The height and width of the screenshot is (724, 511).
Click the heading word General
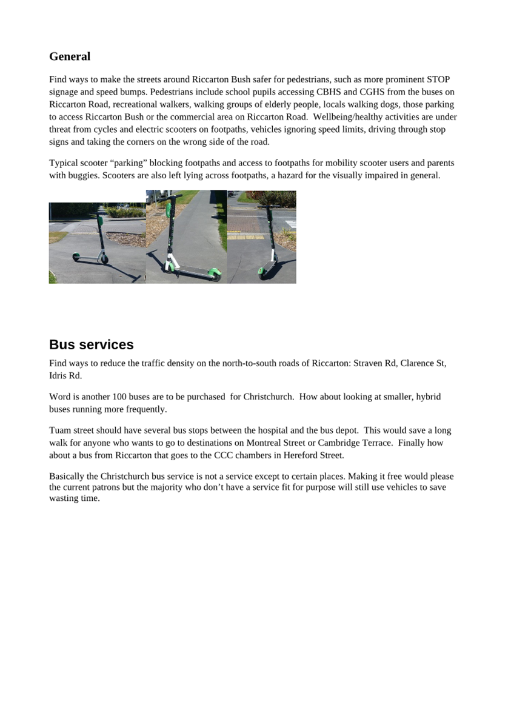pyautogui.click(x=70, y=56)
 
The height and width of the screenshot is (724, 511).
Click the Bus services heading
pyautogui.click(x=91, y=344)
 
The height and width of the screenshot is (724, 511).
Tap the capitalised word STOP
pyautogui.click(x=438, y=79)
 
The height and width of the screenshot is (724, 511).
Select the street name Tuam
pyautogui.click(x=59, y=431)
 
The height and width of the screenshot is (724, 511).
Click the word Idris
pyautogui.click(x=58, y=376)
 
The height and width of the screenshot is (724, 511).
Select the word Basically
pyautogui.click(x=67, y=477)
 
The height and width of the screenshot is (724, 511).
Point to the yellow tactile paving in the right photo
pyautogui.click(x=246, y=236)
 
